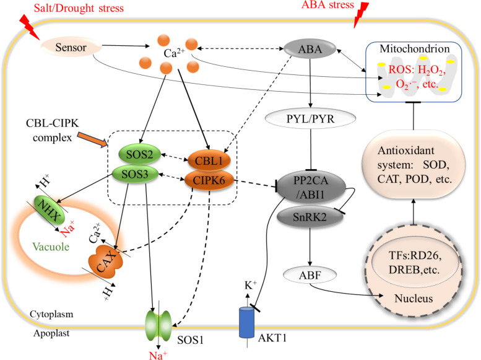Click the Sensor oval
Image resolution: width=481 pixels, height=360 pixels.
point(71,47)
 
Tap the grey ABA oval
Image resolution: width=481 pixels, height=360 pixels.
point(310,49)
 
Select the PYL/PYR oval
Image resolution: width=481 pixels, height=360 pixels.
point(310,118)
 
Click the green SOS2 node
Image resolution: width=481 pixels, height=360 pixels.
point(139,154)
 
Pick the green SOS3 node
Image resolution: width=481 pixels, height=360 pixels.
point(135,174)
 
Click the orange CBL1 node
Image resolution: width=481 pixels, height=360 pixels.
point(209,160)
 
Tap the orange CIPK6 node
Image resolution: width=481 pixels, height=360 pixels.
point(209,180)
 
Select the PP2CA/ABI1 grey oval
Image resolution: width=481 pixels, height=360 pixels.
point(311,187)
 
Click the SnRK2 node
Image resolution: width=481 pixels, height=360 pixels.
point(310,217)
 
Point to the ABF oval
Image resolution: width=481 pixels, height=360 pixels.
point(310,275)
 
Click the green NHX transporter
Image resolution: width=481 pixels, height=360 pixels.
point(49,210)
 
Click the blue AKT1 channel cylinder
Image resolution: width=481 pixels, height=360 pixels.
point(246,322)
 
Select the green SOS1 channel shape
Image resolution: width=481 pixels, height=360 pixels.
point(158,325)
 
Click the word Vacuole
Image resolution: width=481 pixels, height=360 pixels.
point(51,247)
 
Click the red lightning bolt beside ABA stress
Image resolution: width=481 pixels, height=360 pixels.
point(361,14)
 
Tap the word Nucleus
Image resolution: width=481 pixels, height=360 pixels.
point(414,298)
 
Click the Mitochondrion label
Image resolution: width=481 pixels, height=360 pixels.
point(415,48)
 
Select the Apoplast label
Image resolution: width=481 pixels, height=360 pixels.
point(51,333)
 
